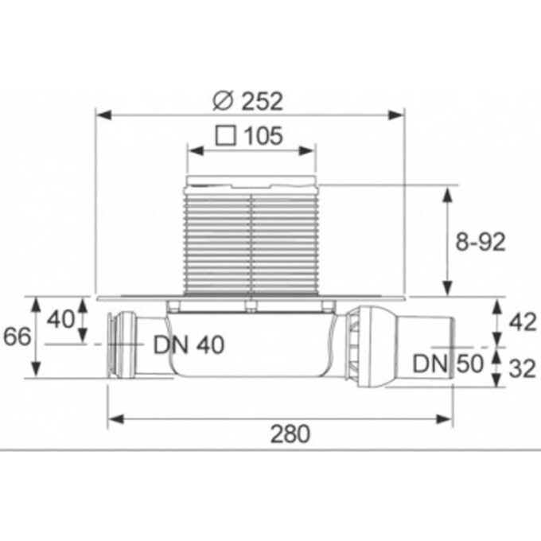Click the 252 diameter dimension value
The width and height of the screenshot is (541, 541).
tap(263, 101)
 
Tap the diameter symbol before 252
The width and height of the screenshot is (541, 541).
tap(224, 101)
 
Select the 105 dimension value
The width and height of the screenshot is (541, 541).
tap(263, 135)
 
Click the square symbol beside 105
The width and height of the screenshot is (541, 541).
tap(226, 135)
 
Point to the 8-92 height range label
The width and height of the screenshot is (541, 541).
tap(481, 242)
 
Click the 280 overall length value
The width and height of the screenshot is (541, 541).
tap(290, 434)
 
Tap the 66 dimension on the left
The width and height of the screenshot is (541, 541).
tap(17, 337)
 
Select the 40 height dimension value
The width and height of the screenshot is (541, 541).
tap(60, 319)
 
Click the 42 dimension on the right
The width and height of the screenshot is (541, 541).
tap(523, 323)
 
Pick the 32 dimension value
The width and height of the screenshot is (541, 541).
tap(523, 368)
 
